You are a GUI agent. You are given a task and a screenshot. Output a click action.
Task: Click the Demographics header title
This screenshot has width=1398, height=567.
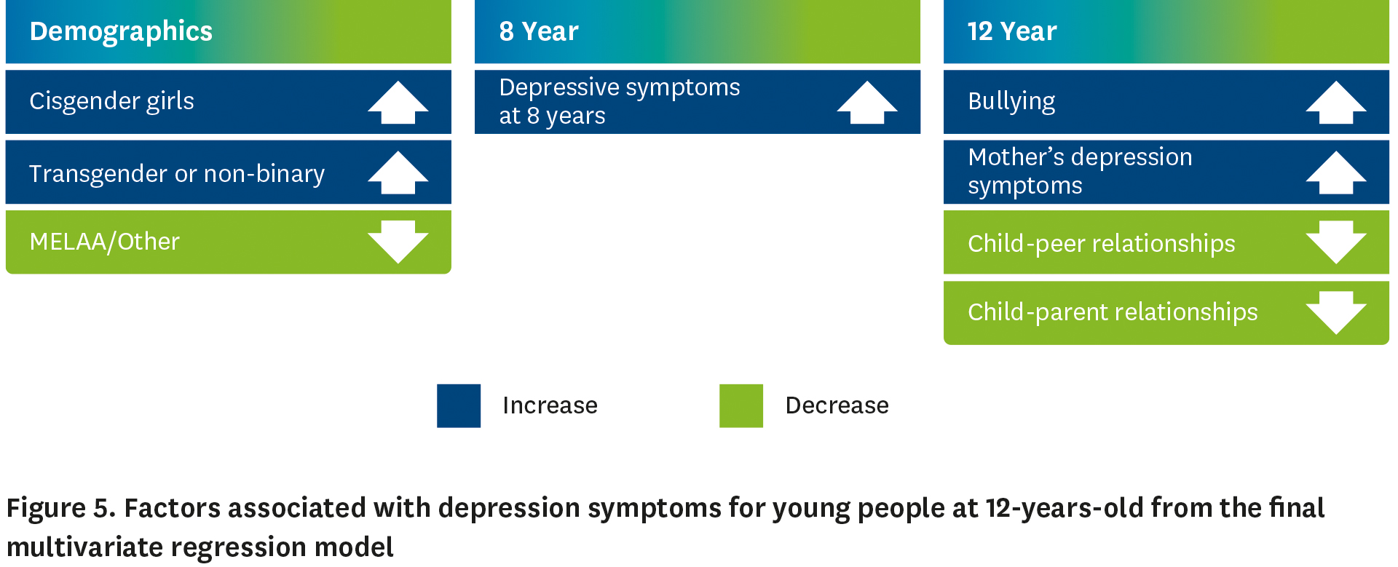click(x=121, y=31)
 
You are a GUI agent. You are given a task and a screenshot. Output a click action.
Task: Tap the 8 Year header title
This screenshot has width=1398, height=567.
click(x=539, y=31)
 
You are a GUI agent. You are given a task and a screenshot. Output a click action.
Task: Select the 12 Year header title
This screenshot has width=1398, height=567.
click(x=1012, y=31)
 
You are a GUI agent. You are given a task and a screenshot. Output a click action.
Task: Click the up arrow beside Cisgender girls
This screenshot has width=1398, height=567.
click(x=398, y=103)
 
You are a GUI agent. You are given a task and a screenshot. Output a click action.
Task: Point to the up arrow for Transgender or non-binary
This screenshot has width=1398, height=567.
click(x=398, y=173)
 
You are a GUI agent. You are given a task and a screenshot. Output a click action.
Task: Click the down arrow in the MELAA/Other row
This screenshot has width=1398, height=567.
click(x=398, y=242)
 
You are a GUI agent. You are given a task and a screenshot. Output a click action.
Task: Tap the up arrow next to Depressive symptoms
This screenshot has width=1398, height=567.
click(x=866, y=103)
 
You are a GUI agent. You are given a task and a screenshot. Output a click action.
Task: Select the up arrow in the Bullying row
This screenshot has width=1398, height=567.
click(x=1335, y=103)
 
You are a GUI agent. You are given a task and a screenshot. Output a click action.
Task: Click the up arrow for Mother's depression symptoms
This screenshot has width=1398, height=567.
click(x=1335, y=173)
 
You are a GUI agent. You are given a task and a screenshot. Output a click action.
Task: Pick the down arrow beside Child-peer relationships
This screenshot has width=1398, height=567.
click(x=1335, y=242)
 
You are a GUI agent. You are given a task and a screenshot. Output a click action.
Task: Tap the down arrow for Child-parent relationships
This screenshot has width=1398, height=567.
click(x=1335, y=312)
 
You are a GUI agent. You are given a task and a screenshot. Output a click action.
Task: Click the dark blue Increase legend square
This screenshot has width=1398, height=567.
click(x=459, y=405)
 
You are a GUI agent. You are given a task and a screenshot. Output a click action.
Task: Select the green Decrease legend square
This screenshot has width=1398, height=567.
click(x=741, y=405)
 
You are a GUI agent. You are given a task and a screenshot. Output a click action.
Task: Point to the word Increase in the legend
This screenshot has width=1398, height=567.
click(x=550, y=405)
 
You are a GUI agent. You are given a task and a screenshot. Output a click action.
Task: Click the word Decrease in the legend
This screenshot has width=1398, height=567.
click(x=837, y=405)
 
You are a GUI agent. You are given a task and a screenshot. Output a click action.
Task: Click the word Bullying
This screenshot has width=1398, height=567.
click(x=1011, y=101)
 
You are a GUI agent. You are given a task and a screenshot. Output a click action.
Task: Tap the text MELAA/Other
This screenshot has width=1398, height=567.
click(x=104, y=242)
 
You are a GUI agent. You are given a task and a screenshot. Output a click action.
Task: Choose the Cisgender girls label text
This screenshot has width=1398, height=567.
click(x=111, y=101)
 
